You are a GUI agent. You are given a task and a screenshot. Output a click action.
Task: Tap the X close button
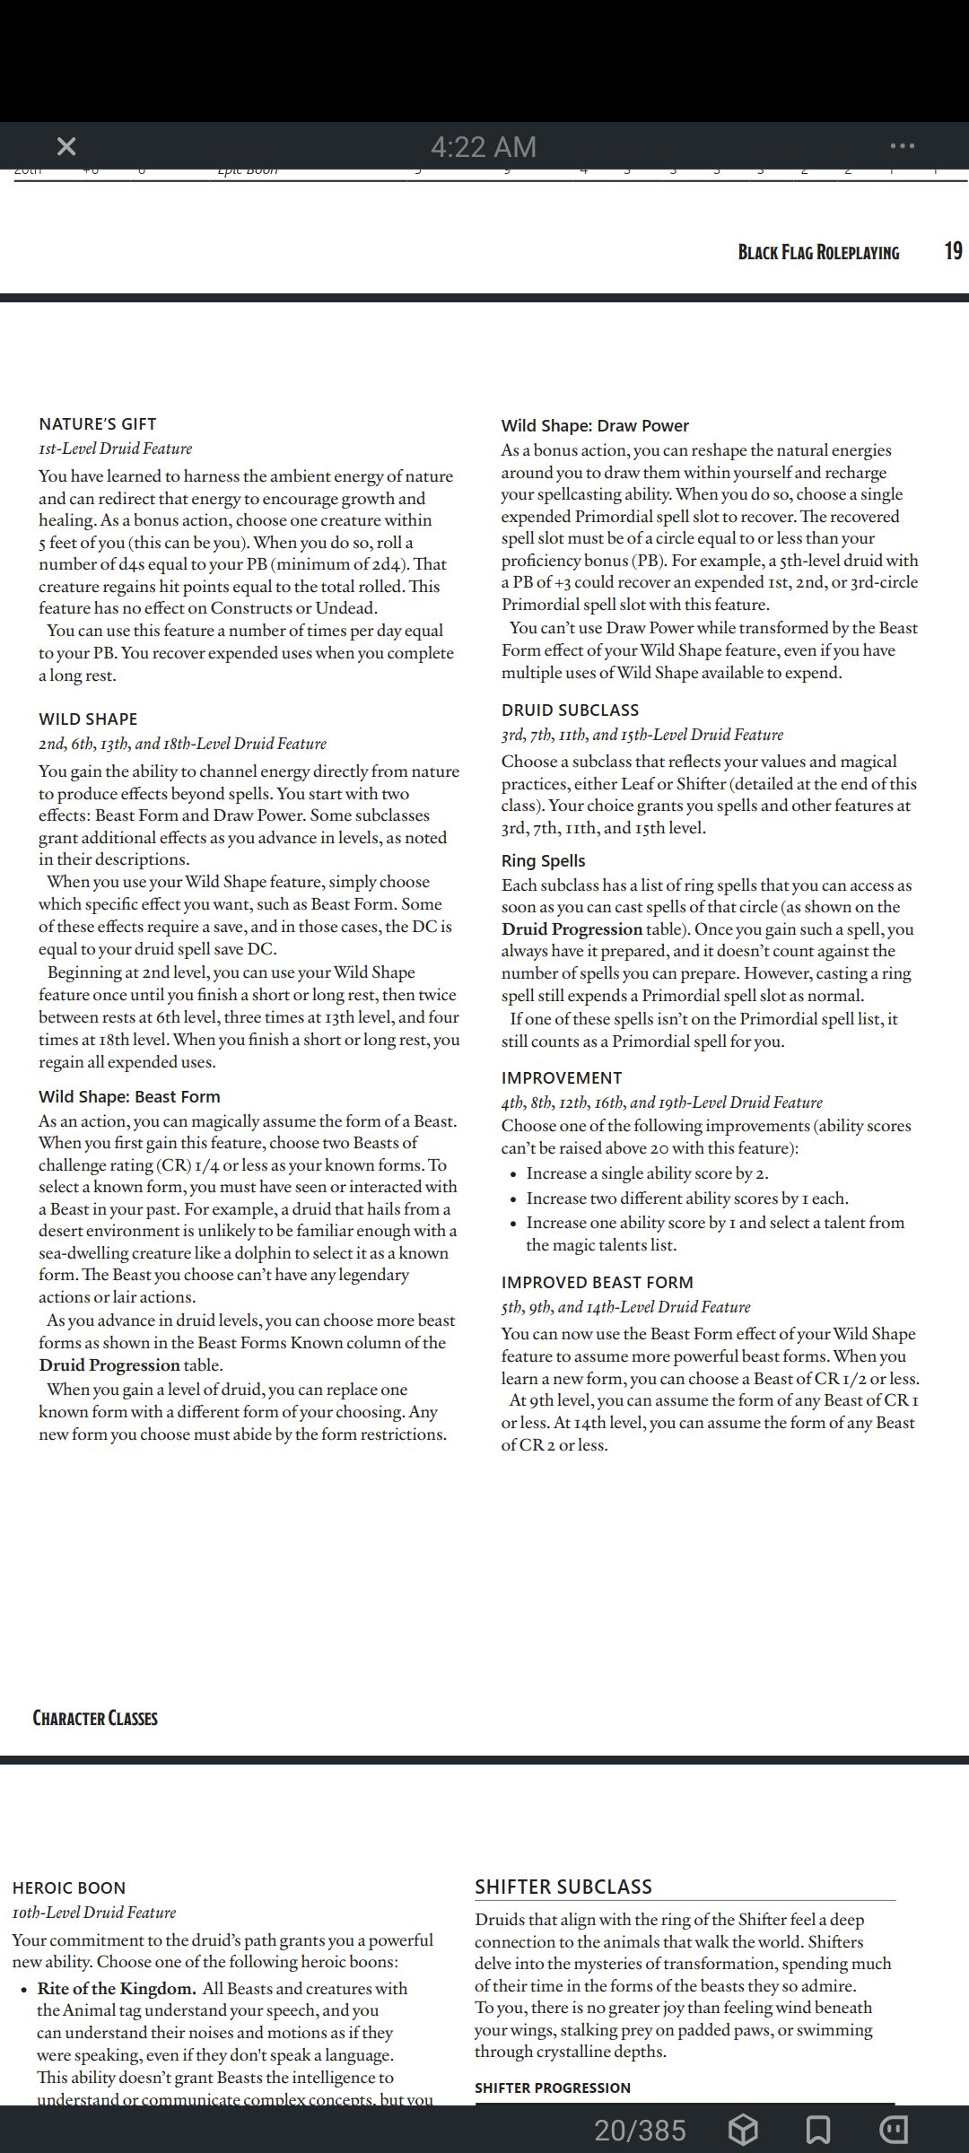[x=66, y=146]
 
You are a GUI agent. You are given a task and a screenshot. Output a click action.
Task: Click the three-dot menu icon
[x=902, y=145]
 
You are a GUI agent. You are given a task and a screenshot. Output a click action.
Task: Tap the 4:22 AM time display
[x=484, y=146]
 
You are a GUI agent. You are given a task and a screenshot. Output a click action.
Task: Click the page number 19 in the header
[x=953, y=251]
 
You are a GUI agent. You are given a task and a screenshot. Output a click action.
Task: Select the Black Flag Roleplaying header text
[x=818, y=253]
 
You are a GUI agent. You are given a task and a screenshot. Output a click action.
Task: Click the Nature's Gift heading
[x=98, y=423]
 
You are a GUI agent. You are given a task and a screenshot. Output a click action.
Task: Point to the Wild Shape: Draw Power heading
[x=595, y=425]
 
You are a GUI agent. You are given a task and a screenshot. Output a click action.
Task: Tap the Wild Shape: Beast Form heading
[x=129, y=1096]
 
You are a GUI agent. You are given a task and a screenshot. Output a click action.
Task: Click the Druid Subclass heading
[x=570, y=710]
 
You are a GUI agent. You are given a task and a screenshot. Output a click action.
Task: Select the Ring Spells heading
[x=543, y=860]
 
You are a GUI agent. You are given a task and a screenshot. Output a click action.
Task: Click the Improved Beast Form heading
[x=597, y=1282]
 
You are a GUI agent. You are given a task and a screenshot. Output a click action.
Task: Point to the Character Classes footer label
[x=95, y=1718]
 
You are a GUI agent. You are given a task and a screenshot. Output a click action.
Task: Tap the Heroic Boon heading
[x=69, y=1887]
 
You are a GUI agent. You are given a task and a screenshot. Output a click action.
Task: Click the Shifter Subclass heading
[x=563, y=1887]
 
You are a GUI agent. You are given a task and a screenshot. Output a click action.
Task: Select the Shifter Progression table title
[x=553, y=2088]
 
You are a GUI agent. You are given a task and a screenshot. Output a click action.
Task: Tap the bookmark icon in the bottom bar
[x=817, y=2129]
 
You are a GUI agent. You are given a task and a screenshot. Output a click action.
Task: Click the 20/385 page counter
[x=640, y=2130]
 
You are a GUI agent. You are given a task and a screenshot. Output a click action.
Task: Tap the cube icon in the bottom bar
[x=743, y=2129]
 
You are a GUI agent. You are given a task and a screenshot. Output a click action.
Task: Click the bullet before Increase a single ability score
[x=512, y=1174]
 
